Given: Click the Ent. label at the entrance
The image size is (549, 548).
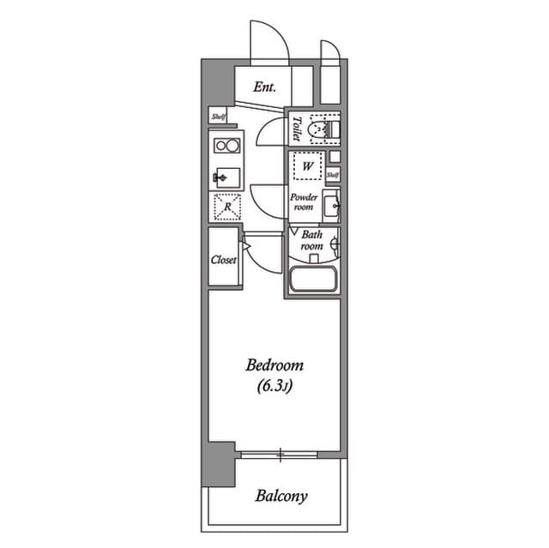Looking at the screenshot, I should tap(264, 87).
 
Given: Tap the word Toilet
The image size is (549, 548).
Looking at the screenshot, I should tap(296, 129).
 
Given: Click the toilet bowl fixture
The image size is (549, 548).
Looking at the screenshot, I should tap(323, 129).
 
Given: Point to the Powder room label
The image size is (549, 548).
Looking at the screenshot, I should tap(305, 202).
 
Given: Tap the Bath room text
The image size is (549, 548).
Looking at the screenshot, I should tap(311, 239).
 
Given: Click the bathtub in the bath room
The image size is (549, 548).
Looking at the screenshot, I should tap(312, 280).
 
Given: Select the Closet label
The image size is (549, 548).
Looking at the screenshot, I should tap(224, 259).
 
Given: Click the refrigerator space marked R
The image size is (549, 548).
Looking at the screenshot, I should tap(227, 207).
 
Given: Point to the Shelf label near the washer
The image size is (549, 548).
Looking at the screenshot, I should tap(333, 175).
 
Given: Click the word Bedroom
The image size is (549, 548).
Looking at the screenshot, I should tap(274, 364).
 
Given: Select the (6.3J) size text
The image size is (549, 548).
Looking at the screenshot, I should tap(274, 386).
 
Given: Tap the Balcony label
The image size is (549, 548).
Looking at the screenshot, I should tap(281, 496).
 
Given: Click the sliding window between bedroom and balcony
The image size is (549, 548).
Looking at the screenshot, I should tap(281, 453).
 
